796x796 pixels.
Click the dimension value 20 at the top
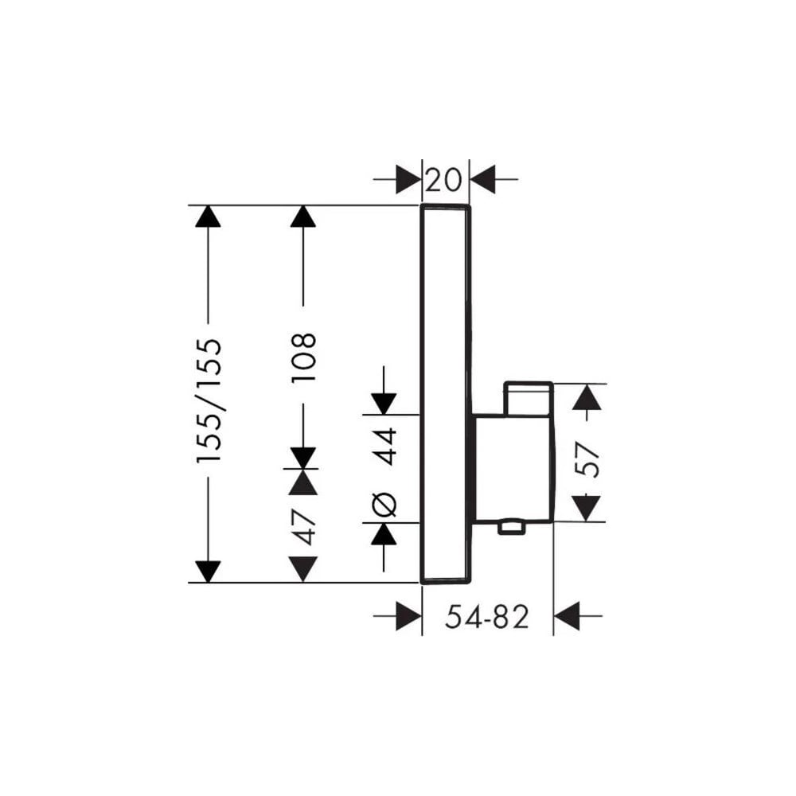click(443, 180)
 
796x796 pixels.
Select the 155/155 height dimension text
click(209, 401)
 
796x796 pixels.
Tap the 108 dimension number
click(303, 357)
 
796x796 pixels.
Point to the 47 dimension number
click(303, 527)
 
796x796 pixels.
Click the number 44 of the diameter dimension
click(384, 447)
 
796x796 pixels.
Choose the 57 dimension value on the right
click(587, 459)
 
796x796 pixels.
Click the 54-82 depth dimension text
click(487, 617)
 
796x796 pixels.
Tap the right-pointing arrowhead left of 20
click(408, 179)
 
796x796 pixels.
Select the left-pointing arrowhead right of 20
click(482, 179)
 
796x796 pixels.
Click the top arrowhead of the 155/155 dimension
click(208, 216)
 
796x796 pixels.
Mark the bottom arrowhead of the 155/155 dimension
click(208, 572)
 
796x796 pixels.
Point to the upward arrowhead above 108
click(303, 216)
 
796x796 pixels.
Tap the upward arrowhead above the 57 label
click(587, 397)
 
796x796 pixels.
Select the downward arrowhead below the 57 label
click(587, 509)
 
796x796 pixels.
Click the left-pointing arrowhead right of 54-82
click(567, 616)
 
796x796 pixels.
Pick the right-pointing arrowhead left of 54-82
click(408, 616)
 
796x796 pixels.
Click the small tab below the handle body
click(511, 527)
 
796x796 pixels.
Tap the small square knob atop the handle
click(528, 399)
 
